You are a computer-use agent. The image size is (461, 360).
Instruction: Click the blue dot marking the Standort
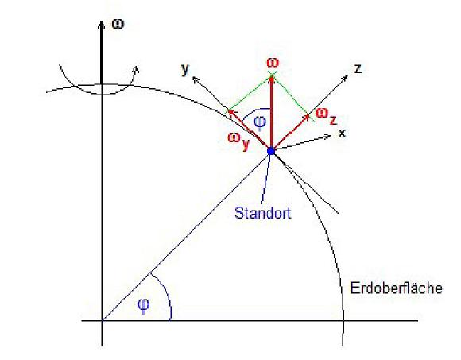(x=271, y=151)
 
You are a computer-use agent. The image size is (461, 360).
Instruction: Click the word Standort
(x=263, y=213)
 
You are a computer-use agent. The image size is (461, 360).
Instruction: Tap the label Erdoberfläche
(x=397, y=288)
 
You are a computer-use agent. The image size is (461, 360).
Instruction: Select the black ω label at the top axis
(x=118, y=24)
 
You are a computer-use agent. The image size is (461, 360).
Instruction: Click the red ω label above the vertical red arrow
(x=273, y=63)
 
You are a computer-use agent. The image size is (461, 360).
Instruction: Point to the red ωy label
(x=238, y=140)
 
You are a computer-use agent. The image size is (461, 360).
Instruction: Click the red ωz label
(x=327, y=116)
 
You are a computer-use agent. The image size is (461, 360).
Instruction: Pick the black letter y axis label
(x=185, y=69)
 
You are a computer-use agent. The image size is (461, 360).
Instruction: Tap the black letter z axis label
(x=358, y=69)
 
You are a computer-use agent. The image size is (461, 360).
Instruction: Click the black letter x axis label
(x=342, y=134)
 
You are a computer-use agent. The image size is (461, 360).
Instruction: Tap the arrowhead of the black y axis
(x=196, y=79)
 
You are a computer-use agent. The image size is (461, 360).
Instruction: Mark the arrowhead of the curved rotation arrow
(x=136, y=69)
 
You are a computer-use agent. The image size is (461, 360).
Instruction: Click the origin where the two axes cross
(x=102, y=320)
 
